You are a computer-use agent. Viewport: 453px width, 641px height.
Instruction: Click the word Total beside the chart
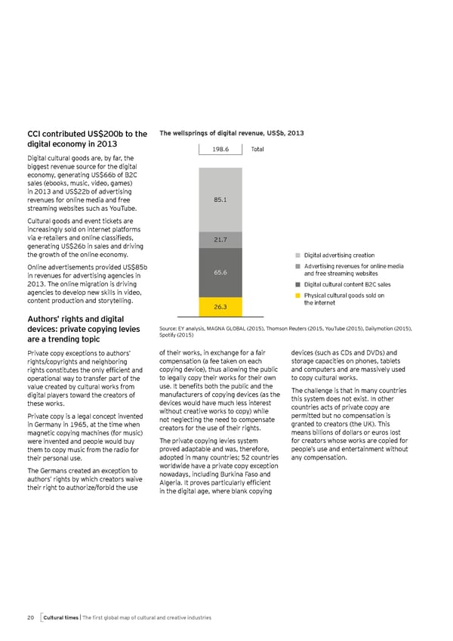click(257, 149)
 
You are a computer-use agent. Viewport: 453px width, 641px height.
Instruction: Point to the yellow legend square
click(298, 296)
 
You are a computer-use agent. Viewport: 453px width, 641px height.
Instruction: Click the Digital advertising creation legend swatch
click(298, 255)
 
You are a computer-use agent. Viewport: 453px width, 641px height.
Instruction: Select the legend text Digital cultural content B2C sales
click(347, 284)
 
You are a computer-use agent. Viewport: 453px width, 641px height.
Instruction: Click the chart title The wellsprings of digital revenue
click(232, 133)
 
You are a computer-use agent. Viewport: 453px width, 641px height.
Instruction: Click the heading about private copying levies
click(84, 333)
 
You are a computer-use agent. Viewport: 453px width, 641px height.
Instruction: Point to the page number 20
click(31, 618)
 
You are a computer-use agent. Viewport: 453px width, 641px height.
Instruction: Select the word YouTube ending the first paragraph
click(121, 209)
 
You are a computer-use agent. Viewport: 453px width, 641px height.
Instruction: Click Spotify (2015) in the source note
click(180, 335)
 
